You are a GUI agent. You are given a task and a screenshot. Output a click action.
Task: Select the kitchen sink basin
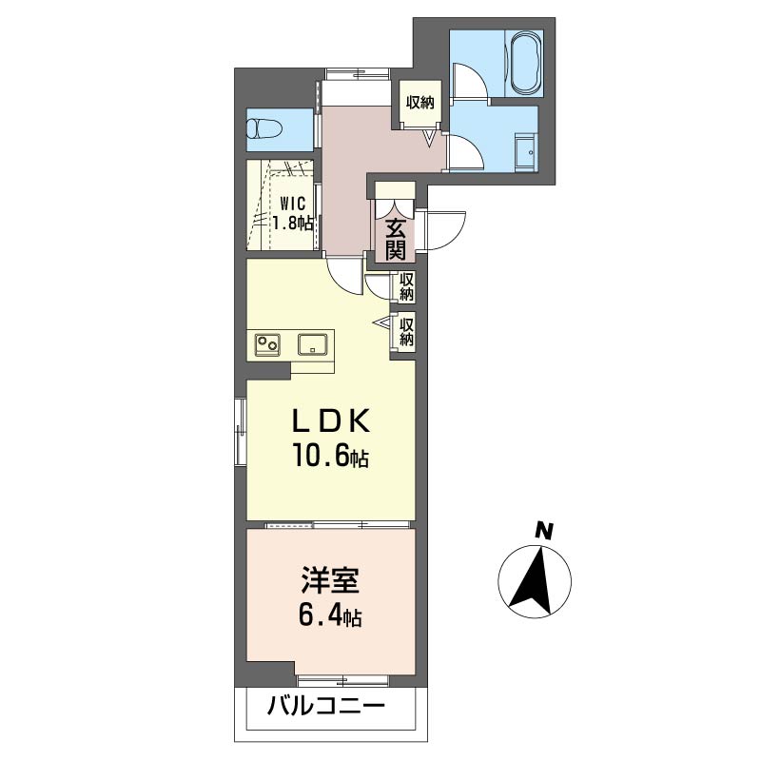click(x=313, y=345)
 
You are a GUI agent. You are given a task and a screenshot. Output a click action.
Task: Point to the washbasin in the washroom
click(x=525, y=152)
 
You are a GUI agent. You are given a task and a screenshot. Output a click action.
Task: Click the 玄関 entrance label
click(x=396, y=239)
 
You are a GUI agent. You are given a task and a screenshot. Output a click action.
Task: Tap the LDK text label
click(x=331, y=421)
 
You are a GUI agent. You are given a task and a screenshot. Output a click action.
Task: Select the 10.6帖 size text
click(x=330, y=457)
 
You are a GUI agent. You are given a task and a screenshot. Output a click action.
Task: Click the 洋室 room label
click(x=330, y=580)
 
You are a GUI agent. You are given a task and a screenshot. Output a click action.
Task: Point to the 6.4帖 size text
click(x=330, y=616)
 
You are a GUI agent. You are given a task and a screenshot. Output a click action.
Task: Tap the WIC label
click(x=292, y=203)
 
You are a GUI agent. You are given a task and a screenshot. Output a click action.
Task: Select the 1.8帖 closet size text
click(x=292, y=224)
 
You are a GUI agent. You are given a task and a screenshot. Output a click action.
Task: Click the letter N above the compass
click(x=544, y=531)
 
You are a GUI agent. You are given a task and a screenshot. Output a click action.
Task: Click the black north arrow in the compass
click(x=534, y=580)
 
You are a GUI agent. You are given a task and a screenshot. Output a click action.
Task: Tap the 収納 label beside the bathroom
click(x=420, y=103)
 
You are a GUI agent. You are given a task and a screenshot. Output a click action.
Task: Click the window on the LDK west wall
click(x=241, y=432)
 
